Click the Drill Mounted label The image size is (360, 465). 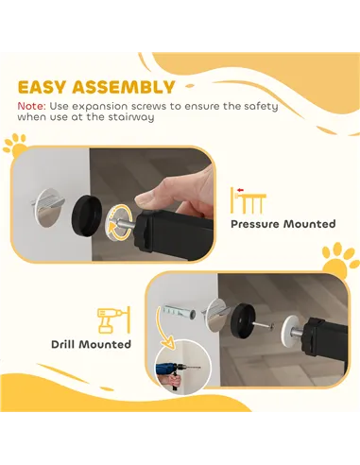tap(92, 344)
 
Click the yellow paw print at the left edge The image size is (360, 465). tap(14, 146)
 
